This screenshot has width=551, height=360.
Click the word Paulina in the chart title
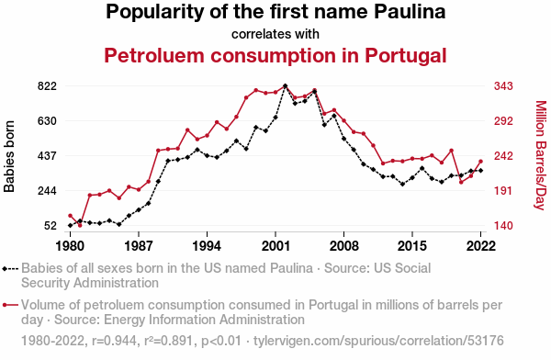[x=410, y=12]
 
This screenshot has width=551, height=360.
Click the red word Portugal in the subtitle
[x=406, y=55]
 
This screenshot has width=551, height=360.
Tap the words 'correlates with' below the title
[x=275, y=34]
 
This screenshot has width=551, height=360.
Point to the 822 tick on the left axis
[x=47, y=86]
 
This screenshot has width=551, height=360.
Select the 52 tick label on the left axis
[x=51, y=225]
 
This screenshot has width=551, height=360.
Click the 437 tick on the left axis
[x=47, y=156]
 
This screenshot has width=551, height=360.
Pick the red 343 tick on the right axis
[x=503, y=86]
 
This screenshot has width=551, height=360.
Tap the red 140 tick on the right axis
[x=503, y=225]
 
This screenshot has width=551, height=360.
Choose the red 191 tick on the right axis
[x=503, y=190]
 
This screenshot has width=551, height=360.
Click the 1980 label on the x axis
[x=71, y=246]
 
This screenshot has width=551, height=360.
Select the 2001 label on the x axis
[x=275, y=246]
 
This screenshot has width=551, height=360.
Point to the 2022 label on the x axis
[x=480, y=246]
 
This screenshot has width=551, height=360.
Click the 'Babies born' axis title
[x=9, y=156]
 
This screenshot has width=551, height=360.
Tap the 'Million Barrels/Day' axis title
[x=541, y=155]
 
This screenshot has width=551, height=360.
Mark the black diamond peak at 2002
[x=285, y=85]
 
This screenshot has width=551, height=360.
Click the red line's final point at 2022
[x=480, y=162]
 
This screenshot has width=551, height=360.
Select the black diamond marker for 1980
[x=71, y=225]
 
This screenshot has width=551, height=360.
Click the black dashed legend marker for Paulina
[x=10, y=269]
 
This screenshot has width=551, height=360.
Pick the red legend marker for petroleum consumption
[x=10, y=305]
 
